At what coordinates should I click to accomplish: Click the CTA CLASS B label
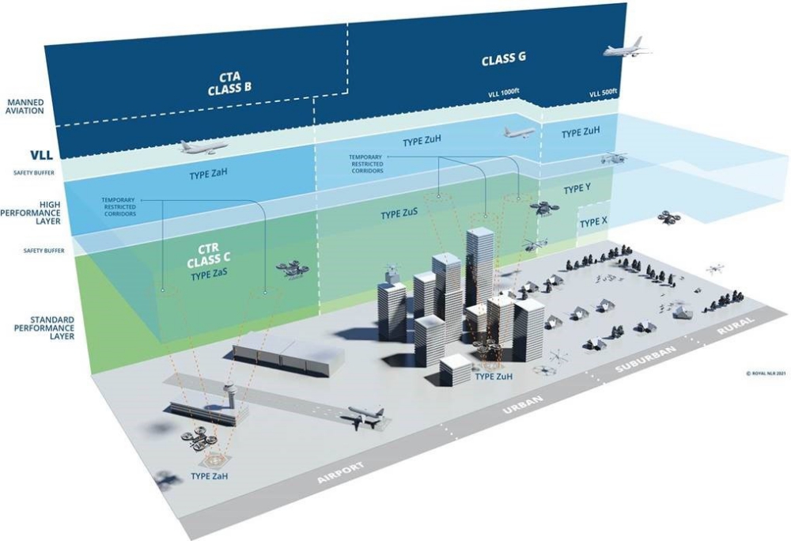pos(229,82)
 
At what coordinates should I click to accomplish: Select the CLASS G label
pos(504,59)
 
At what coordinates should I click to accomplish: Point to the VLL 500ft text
pos(604,94)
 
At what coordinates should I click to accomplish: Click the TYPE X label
pos(593,223)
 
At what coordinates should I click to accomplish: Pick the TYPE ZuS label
pos(399,214)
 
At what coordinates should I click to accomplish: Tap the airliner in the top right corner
pos(627,49)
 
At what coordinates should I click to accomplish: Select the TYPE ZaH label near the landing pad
pos(213,476)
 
